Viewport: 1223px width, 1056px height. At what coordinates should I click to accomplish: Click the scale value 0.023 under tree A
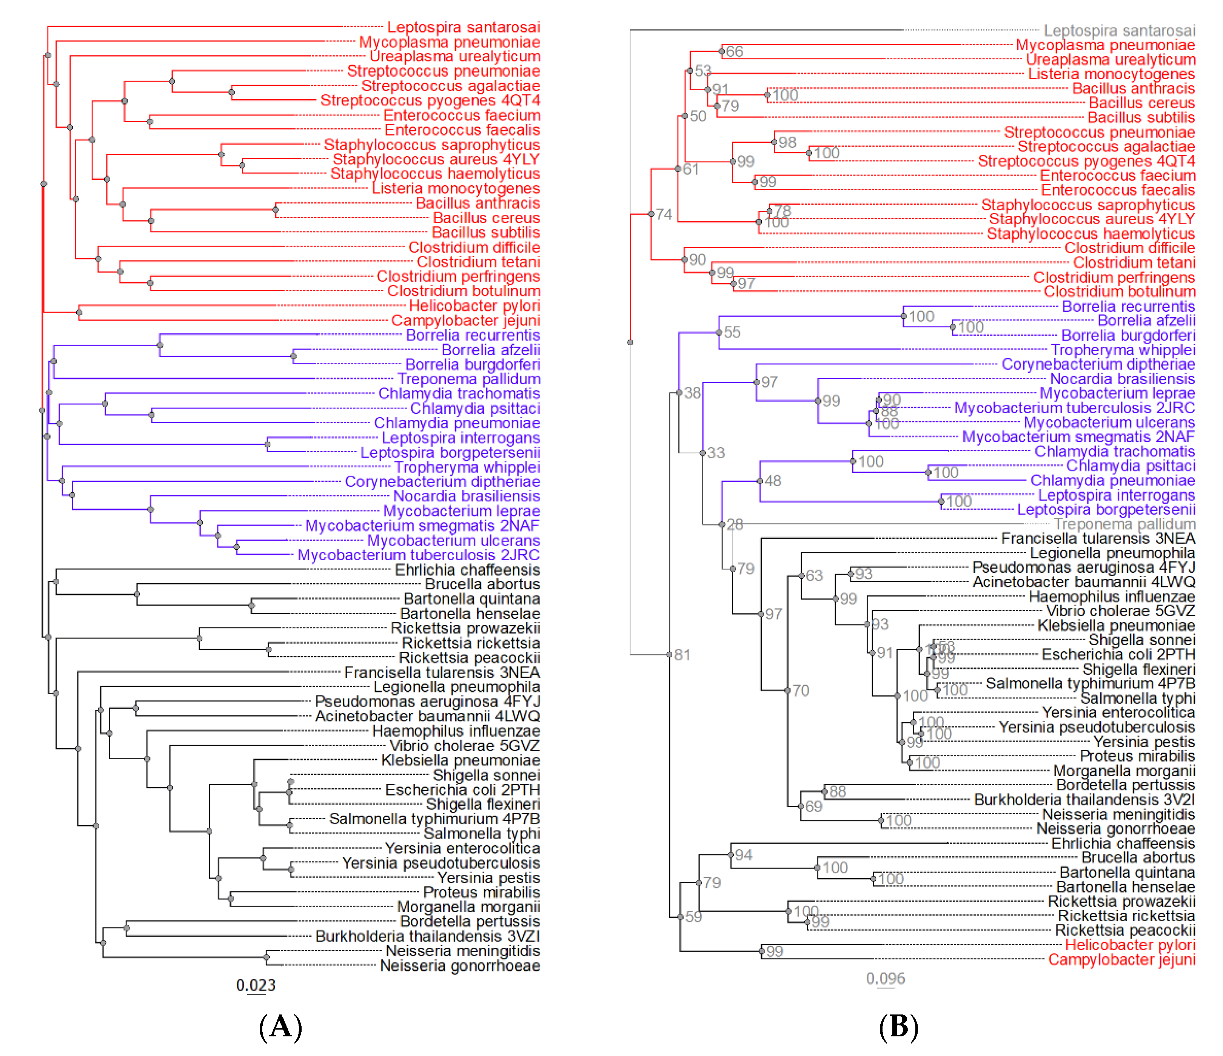[256, 985]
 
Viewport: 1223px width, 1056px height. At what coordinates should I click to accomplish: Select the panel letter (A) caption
[280, 1027]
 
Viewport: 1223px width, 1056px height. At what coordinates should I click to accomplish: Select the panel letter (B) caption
[898, 1027]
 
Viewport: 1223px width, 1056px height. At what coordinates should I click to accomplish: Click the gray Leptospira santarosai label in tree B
[1119, 30]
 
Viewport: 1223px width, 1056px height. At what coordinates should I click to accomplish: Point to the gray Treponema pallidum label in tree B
[1124, 524]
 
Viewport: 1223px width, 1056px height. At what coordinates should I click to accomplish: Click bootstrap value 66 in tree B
[734, 52]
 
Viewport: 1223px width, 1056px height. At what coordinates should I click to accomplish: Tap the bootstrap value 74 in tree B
[664, 214]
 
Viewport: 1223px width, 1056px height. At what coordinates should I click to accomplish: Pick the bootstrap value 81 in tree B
[682, 655]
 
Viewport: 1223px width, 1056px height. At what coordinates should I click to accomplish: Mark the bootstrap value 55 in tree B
[732, 332]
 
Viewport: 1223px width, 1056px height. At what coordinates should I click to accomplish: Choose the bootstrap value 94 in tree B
[744, 855]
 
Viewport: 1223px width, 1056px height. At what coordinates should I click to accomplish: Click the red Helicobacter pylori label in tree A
[474, 306]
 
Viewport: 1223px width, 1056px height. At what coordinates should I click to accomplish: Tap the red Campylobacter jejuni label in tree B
[1121, 960]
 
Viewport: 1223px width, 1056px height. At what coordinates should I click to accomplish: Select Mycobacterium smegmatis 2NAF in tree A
[422, 526]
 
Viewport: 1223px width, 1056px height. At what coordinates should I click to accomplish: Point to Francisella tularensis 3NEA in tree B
[1098, 538]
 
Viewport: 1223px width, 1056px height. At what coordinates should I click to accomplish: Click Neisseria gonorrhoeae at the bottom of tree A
[460, 966]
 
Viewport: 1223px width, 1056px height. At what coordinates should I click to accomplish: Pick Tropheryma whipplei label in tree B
[1123, 350]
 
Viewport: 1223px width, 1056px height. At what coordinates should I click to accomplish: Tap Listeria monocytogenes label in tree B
[1111, 74]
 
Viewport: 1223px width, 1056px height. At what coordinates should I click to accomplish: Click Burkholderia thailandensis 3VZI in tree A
[427, 936]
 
